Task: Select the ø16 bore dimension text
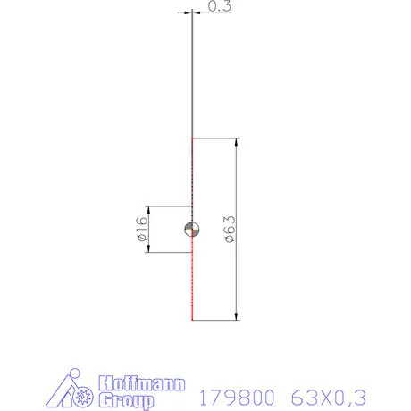pyautogui.click(x=141, y=230)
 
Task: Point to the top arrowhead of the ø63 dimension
pyautogui.click(x=236, y=143)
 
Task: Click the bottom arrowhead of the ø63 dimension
pyautogui.click(x=236, y=315)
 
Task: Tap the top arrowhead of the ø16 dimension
pyautogui.click(x=148, y=210)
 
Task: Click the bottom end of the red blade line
pyautogui.click(x=192, y=319)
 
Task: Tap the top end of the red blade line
pyautogui.click(x=192, y=139)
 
